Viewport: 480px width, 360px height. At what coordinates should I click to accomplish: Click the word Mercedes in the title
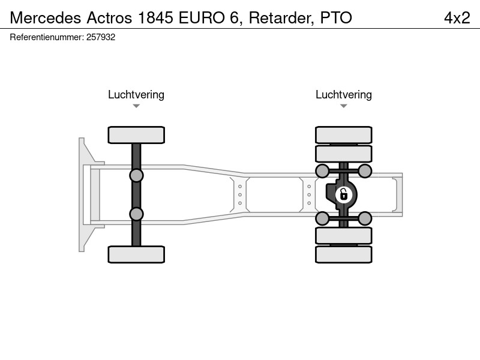(46, 18)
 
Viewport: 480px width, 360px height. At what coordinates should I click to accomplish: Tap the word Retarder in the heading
(281, 18)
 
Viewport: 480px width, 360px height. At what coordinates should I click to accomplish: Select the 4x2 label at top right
(457, 18)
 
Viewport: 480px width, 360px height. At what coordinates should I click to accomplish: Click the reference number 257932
(101, 37)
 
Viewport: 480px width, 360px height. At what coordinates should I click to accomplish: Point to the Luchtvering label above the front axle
(136, 95)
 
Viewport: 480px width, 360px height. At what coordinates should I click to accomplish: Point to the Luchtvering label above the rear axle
(344, 95)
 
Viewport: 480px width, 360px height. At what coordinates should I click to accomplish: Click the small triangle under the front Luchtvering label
(136, 106)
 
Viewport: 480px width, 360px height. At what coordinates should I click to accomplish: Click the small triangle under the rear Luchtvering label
(344, 106)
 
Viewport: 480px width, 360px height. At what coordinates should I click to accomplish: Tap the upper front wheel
(136, 135)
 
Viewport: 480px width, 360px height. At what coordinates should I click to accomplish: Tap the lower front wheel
(136, 254)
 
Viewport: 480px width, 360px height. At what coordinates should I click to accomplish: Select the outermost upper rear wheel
(344, 135)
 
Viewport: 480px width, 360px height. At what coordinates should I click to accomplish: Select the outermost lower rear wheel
(344, 254)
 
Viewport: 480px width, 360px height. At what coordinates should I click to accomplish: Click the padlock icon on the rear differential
(343, 194)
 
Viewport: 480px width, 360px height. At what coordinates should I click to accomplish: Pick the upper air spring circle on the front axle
(136, 176)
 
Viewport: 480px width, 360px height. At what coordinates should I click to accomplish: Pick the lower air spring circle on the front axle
(136, 214)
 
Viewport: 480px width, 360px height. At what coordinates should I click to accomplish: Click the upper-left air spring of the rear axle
(322, 171)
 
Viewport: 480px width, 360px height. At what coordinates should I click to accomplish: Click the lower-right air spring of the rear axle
(365, 218)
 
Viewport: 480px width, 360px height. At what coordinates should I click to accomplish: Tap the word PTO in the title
(336, 18)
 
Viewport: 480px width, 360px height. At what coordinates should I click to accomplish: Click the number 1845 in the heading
(155, 18)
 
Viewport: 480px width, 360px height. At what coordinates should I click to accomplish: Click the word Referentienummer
(47, 37)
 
